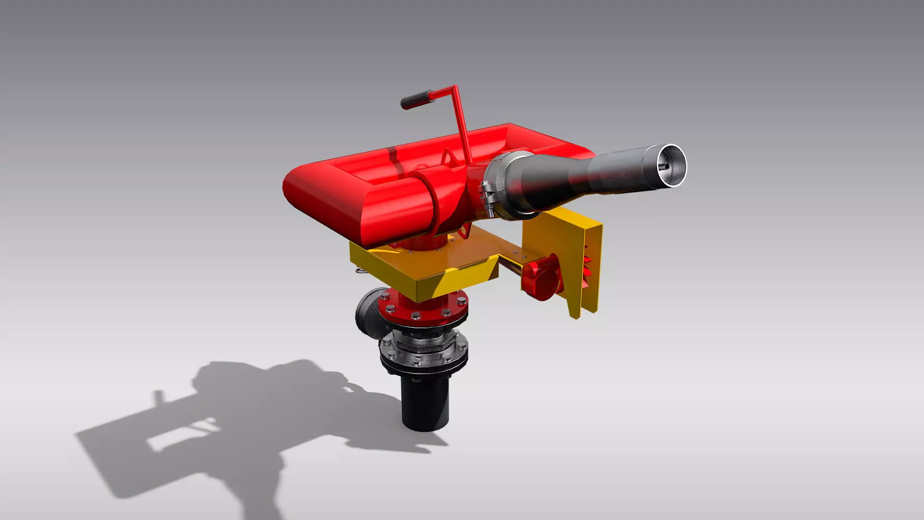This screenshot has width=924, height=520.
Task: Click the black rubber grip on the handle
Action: tap(414, 100)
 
